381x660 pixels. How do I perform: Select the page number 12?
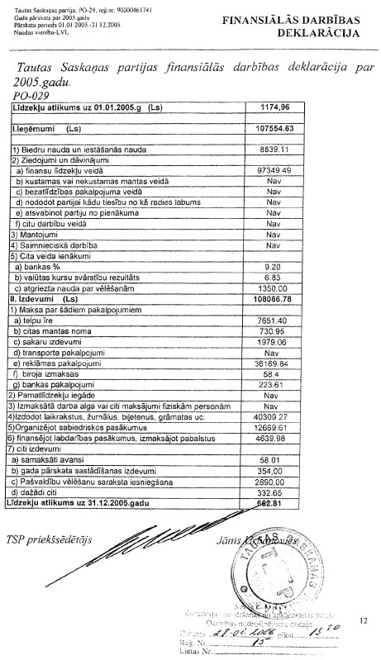click(363, 617)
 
